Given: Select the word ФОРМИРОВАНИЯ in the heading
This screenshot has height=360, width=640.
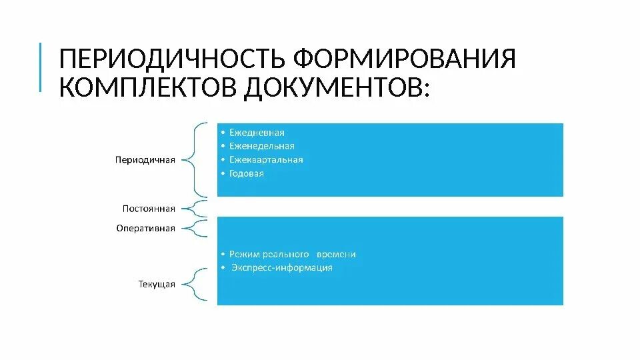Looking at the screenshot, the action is pos(405,59).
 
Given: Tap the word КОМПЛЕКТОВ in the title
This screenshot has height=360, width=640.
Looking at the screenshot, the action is pos(147,87).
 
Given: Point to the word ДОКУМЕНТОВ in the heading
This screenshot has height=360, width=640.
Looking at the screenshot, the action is pos(336,87).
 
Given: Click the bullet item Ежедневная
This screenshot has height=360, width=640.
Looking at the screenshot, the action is pos(257,133).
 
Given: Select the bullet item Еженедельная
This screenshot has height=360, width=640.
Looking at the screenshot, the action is pos(261,146).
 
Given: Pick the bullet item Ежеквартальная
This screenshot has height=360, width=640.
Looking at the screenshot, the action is pos(266,160).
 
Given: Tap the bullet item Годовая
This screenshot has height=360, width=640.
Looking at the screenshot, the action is pos(247,173).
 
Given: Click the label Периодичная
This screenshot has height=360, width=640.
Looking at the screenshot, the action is pos(145,160).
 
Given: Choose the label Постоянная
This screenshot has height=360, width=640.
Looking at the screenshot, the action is pos(149,207).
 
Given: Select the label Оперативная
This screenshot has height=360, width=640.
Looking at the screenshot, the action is pos(146,228).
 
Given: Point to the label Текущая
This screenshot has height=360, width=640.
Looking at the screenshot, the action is pos(157,285).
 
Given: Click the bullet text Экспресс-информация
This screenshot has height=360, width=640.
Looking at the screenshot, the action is pos(282,268).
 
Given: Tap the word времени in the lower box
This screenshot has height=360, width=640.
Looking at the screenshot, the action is pos(337,254).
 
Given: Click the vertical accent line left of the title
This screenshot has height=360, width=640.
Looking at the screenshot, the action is pos(40,67).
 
